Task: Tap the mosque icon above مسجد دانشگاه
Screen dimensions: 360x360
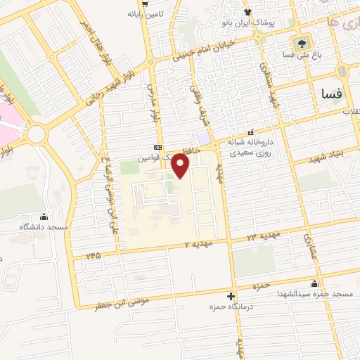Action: tap(45, 217)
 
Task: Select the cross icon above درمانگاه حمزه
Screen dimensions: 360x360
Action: tap(231, 297)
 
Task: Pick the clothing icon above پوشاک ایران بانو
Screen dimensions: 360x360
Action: tap(247, 11)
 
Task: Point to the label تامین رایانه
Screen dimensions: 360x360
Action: tap(144, 13)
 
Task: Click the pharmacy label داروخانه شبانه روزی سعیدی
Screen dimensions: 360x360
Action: tap(250, 145)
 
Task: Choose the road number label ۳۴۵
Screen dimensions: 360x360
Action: tap(94, 255)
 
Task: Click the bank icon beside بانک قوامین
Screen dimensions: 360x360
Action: tap(157, 147)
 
